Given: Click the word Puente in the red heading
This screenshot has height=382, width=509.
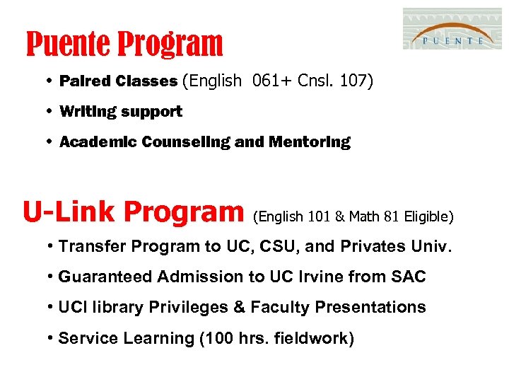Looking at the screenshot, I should (68, 44).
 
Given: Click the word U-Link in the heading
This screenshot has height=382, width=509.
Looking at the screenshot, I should (68, 212).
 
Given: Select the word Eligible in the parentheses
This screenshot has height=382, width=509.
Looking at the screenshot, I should (426, 216).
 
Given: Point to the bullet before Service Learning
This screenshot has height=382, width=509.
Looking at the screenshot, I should (52, 339).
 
